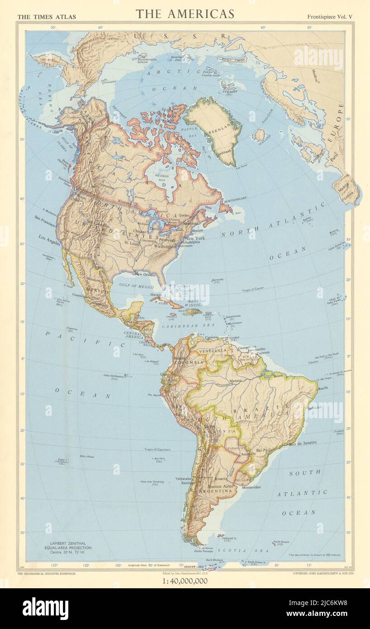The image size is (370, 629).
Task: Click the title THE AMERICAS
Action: (x=185, y=14)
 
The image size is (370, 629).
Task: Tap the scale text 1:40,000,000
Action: (x=185, y=581)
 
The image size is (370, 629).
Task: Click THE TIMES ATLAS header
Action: (x=46, y=17)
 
